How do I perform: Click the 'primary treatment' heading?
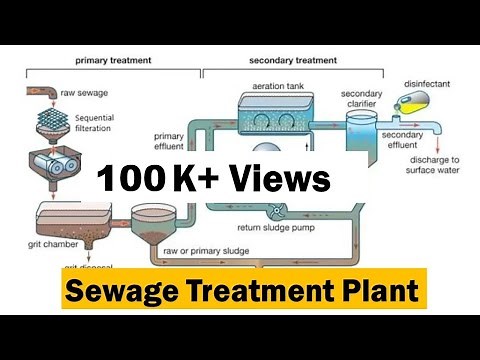(113, 61)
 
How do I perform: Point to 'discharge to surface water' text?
(435, 164)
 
